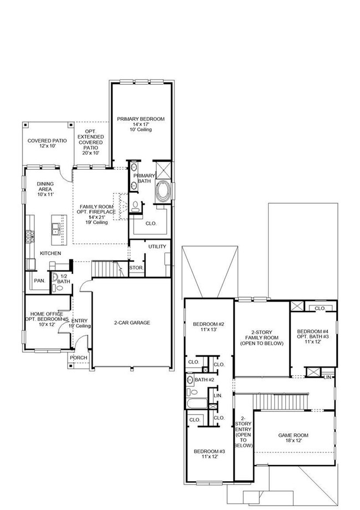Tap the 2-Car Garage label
[x=132, y=323]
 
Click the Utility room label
[x=157, y=247]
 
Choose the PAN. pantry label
[x=39, y=280]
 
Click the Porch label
[x=79, y=358]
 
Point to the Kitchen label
[x=50, y=253]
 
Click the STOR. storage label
[x=136, y=268]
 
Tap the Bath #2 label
[x=205, y=380]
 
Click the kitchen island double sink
[x=55, y=228]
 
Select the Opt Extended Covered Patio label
[x=90, y=141]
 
